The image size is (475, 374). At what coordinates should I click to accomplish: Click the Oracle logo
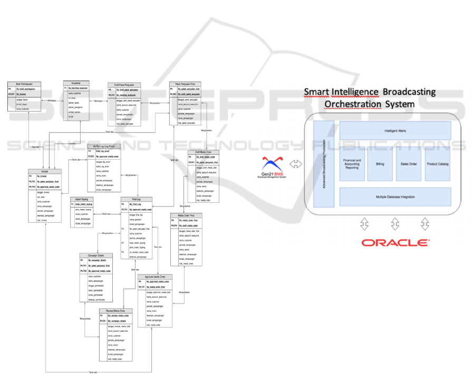tap(394, 243)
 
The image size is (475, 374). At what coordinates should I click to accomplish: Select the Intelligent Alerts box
tap(395, 131)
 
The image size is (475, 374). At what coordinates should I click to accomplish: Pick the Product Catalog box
tap(437, 164)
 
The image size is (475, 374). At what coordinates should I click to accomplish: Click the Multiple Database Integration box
tap(395, 196)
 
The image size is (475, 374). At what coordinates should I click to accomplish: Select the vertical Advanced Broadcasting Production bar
tap(324, 164)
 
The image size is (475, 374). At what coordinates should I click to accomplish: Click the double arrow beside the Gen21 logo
tap(296, 164)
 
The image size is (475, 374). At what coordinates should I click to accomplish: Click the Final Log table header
tap(137, 199)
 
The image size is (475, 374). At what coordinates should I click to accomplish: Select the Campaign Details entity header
tap(96, 254)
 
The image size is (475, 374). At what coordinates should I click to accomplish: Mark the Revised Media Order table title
tap(116, 311)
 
